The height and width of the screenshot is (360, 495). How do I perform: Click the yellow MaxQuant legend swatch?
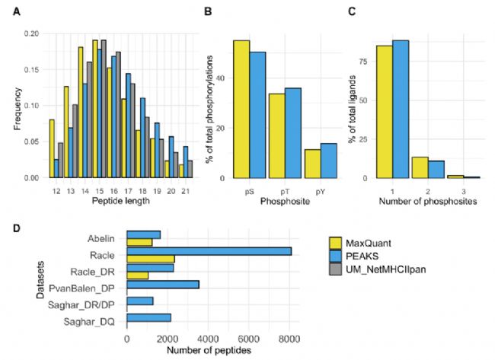[335, 243]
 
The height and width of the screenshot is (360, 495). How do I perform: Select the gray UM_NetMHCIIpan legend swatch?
[335, 269]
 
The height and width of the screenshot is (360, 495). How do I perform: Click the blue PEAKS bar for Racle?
[209, 251]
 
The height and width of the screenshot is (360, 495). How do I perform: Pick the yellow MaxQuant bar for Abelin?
[139, 242]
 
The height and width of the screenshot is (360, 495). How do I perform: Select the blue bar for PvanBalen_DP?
[163, 285]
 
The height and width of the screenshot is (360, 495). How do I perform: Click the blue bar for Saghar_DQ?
[148, 317]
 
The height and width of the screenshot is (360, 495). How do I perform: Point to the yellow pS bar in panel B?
[241, 109]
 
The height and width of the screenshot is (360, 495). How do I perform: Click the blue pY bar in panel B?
[329, 161]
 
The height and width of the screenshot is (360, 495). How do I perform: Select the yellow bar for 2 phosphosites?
[420, 167]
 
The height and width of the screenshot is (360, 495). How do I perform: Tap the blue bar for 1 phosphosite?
[401, 109]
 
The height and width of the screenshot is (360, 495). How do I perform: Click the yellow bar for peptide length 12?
[52, 148]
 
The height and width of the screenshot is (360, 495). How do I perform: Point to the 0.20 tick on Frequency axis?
[31, 33]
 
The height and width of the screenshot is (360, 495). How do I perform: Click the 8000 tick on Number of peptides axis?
[290, 339]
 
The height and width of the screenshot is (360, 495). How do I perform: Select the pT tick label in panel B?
[285, 192]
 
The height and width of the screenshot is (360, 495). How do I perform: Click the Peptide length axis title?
[121, 201]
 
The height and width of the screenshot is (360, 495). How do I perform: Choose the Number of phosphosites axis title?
[428, 201]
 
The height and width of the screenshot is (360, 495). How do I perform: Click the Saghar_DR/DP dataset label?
[81, 305]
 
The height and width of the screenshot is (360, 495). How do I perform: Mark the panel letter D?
[17, 228]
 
